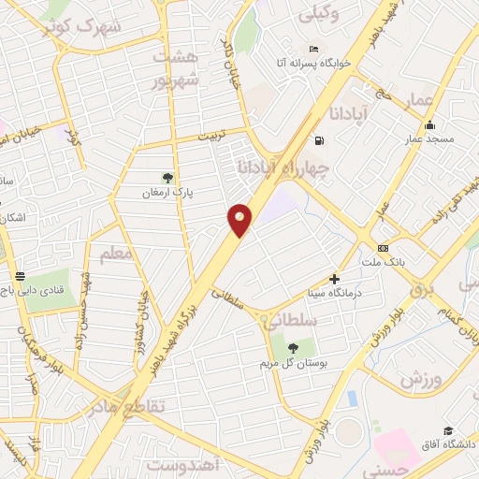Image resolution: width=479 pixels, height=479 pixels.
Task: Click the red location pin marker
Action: (240, 220)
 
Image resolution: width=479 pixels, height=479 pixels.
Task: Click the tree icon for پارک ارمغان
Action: (167, 177)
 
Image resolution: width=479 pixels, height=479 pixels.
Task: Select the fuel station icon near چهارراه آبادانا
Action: (320, 141)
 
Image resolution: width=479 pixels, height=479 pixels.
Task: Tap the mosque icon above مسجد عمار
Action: (429, 125)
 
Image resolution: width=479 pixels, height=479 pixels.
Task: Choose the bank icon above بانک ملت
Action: (383, 248)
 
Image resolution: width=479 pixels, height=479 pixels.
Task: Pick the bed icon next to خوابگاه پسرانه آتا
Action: (312, 49)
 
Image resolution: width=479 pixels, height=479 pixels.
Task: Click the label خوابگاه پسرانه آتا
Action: (312, 63)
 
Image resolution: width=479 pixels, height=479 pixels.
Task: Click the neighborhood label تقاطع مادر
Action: (131, 406)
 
